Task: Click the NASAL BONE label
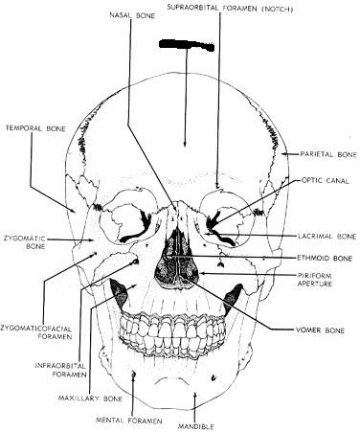tap(132, 15)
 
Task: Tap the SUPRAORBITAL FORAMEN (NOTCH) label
tap(230, 9)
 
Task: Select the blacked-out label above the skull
tap(187, 45)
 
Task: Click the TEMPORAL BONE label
tap(35, 128)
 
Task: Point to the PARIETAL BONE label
tap(328, 154)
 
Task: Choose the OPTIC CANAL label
tap(326, 181)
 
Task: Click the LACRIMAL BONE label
tap(327, 237)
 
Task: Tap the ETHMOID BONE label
tap(325, 258)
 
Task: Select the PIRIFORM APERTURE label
tap(315, 280)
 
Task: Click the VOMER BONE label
tap(321, 330)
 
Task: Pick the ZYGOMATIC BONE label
tap(25, 242)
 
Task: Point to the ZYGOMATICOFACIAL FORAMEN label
tap(36, 332)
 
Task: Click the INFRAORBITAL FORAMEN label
tap(60, 370)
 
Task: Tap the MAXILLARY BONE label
tap(90, 398)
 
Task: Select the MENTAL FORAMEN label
tap(129, 421)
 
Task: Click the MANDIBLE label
tap(196, 426)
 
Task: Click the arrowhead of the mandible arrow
tap(195, 396)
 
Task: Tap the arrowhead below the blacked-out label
tap(185, 144)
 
